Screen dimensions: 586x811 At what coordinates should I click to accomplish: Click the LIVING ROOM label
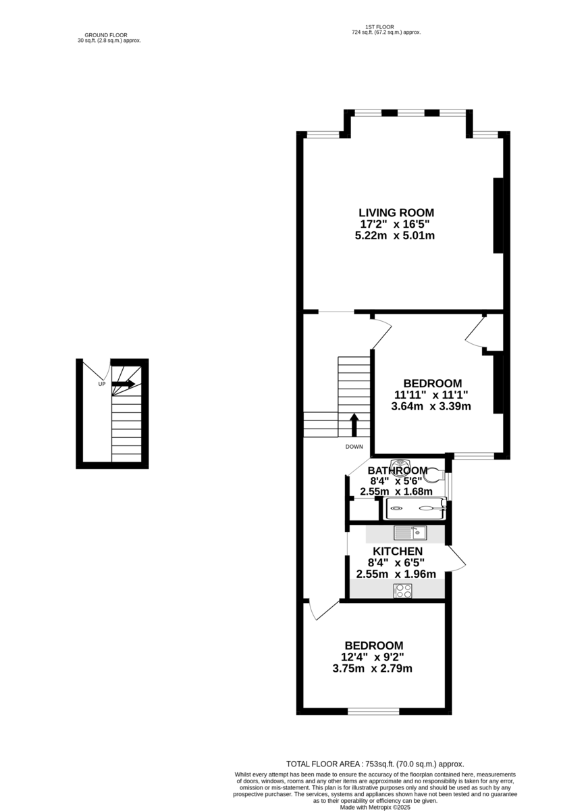(396, 212)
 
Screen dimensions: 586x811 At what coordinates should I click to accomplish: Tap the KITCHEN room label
(398, 551)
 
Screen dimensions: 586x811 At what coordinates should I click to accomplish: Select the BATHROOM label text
(398, 470)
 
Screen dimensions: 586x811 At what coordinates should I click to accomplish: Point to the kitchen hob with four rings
(402, 591)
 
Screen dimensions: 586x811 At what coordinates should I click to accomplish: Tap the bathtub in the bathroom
(415, 509)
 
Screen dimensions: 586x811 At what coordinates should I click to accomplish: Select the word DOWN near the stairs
(354, 447)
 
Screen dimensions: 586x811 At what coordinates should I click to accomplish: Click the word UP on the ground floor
(102, 384)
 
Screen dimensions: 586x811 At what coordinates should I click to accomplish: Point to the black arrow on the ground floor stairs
(124, 384)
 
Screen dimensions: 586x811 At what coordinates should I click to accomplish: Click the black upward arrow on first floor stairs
(354, 425)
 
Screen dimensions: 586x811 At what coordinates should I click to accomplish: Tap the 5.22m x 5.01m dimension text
(395, 236)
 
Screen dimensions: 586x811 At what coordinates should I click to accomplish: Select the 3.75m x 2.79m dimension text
(372, 668)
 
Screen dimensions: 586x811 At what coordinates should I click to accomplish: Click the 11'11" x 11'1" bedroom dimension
(431, 395)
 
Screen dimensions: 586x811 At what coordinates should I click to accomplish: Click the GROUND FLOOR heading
(106, 35)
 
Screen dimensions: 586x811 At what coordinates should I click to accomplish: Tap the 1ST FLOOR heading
(379, 27)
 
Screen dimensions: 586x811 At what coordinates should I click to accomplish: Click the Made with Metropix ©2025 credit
(375, 807)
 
